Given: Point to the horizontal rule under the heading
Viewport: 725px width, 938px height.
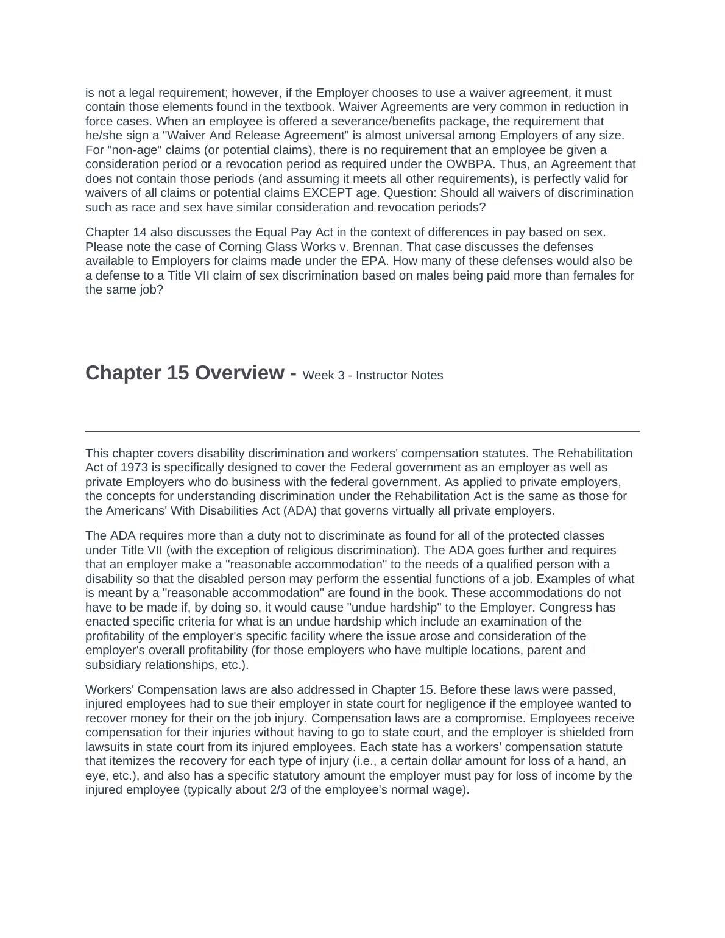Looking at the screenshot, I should click(362, 431).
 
